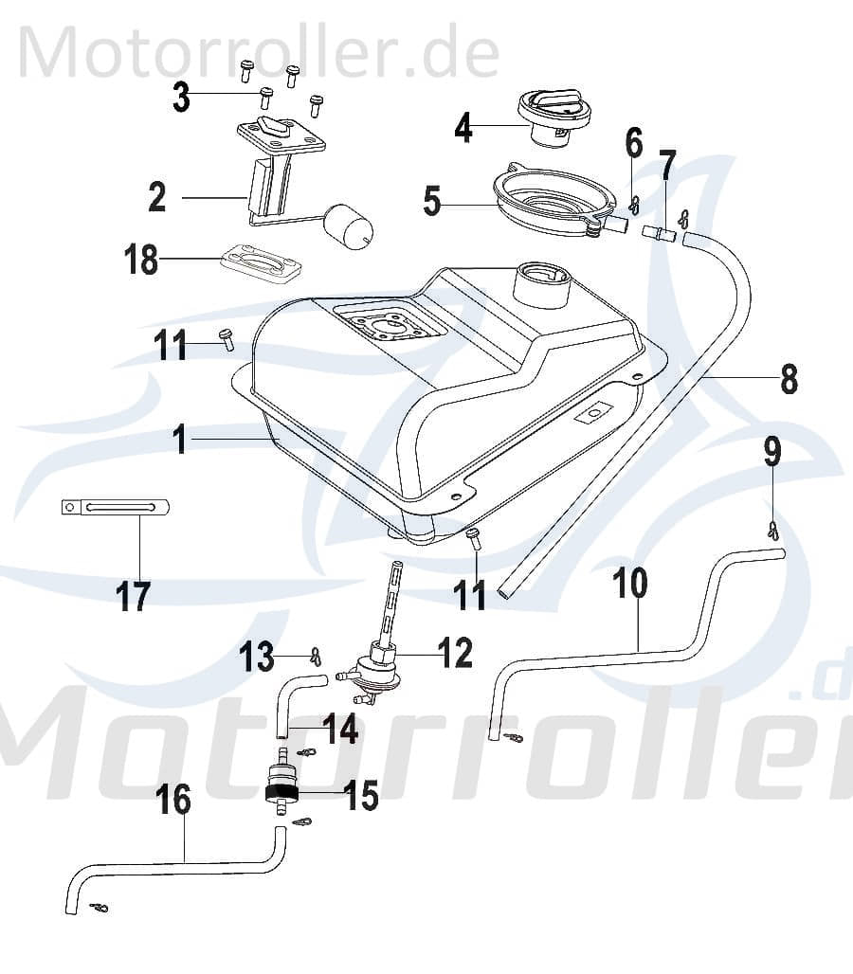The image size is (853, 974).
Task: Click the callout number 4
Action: tap(462, 126)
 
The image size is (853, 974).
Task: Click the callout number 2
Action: tap(156, 197)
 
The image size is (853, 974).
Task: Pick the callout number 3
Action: tap(180, 96)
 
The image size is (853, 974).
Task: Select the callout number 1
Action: tap(180, 441)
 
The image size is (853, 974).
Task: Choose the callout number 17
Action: tap(134, 597)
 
